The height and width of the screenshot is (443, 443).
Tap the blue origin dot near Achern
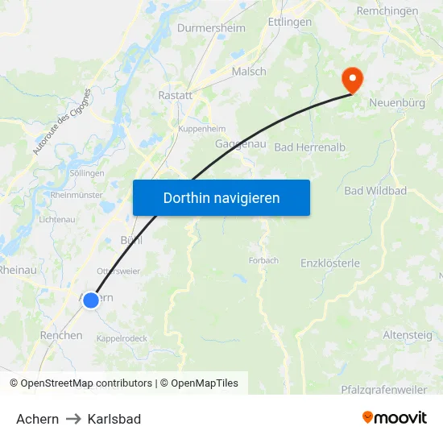pos(91,300)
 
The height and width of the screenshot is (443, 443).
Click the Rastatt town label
pos(175,95)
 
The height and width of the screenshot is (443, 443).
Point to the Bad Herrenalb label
pos(305,147)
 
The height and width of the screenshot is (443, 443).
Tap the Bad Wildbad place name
pos(375,190)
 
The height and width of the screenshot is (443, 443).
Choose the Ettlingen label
pos(289,22)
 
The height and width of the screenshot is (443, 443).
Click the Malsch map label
pos(249,72)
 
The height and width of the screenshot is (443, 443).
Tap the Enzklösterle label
pos(330,263)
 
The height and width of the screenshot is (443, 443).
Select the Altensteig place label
pos(408,334)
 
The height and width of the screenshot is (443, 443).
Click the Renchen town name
pos(61,335)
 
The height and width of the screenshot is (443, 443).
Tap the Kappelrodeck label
pos(122,338)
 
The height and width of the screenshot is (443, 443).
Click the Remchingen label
pos(387,11)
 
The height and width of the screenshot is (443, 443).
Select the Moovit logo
pos(394,417)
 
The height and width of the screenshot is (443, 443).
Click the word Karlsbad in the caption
pos(114,419)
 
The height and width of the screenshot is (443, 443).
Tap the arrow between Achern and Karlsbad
pos(73,419)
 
